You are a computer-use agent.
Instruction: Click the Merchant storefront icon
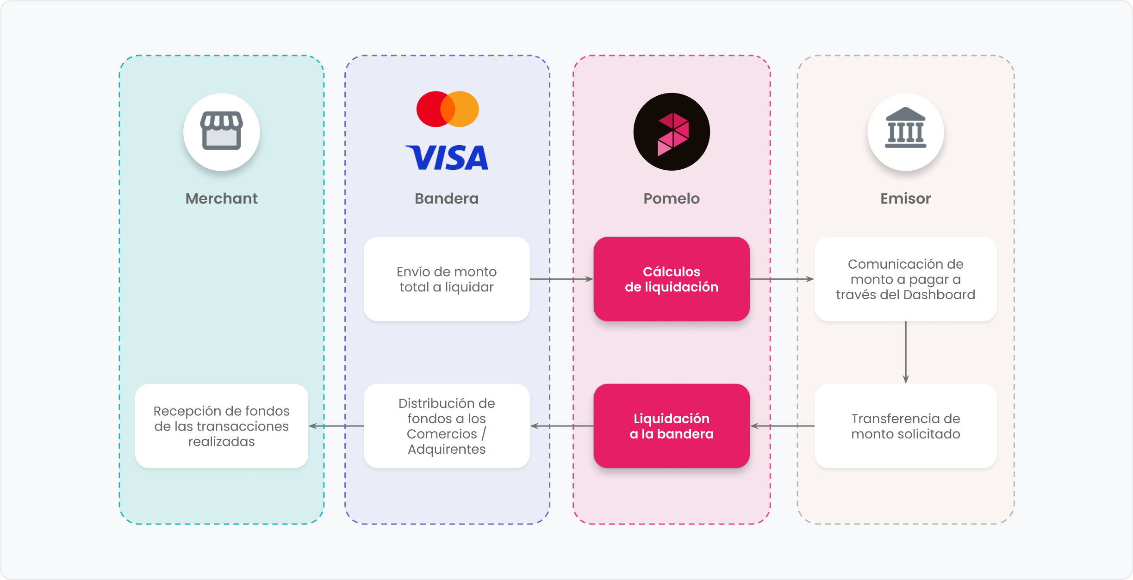click(221, 131)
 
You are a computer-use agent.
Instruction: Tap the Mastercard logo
click(448, 109)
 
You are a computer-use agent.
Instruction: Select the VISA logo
click(447, 158)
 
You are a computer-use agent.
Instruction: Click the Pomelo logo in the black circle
click(672, 132)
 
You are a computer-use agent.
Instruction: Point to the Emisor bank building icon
click(905, 131)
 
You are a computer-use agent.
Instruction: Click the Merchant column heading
click(221, 198)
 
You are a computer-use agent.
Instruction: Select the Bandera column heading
click(447, 198)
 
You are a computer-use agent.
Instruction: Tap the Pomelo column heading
click(672, 198)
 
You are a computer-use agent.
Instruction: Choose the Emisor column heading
click(905, 198)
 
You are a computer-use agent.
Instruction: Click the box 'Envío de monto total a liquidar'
click(447, 279)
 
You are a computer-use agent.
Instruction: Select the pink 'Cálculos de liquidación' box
click(672, 279)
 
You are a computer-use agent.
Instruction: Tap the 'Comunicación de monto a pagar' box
click(905, 279)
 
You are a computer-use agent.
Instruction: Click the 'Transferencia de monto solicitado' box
click(905, 426)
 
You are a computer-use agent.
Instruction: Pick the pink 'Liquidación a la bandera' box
click(672, 426)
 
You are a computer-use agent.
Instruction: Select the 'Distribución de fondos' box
click(447, 426)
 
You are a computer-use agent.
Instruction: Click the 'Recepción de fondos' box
click(221, 426)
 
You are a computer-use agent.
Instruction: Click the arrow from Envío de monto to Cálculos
click(561, 279)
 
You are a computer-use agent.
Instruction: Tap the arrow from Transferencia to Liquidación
click(782, 426)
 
